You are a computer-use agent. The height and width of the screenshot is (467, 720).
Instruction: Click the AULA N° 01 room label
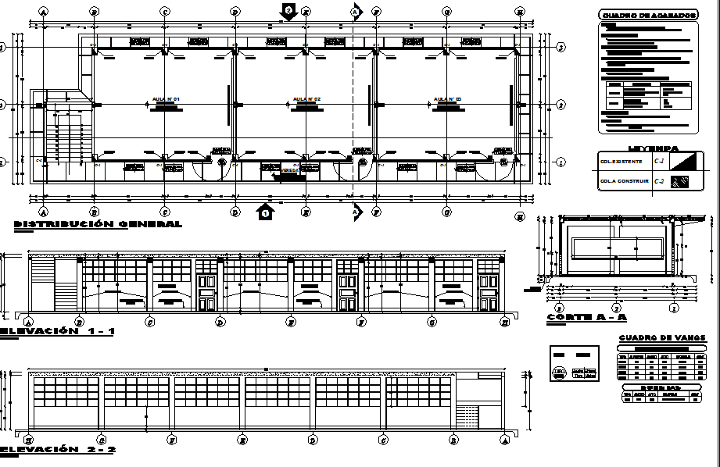click(166, 100)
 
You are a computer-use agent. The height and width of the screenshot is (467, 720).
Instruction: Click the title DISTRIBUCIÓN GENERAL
click(98, 224)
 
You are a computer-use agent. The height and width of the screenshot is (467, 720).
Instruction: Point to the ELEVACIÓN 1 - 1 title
click(59, 331)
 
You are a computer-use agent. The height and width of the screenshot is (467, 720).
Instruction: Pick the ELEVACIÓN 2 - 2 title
click(59, 450)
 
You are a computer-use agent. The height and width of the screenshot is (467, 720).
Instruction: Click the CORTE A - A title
click(586, 318)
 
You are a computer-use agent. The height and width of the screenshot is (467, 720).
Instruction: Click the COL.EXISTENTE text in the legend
click(621, 162)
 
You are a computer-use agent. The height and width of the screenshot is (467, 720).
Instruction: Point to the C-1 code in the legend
click(658, 162)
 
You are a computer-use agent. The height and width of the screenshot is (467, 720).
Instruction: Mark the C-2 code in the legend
click(658, 181)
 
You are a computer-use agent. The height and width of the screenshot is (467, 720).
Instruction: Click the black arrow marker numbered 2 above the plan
click(288, 11)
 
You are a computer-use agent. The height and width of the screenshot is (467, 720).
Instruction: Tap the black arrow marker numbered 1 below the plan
click(266, 211)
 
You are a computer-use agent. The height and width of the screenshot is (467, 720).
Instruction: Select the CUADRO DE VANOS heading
click(661, 338)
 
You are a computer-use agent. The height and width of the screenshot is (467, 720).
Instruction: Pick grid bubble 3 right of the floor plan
click(561, 48)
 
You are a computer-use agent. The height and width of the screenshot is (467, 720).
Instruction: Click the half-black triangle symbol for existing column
click(682, 161)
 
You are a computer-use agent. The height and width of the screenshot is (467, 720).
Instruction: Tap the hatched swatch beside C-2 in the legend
click(682, 181)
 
